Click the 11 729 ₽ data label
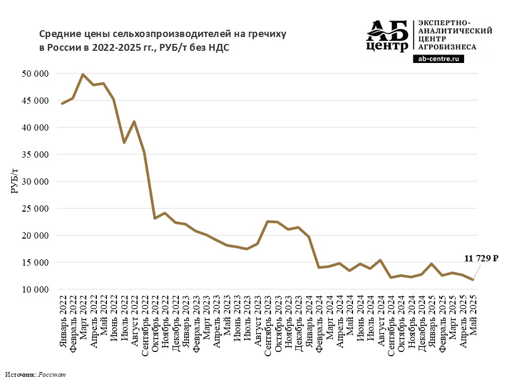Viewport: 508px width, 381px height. point(481,259)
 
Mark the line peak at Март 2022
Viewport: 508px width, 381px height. point(83,74)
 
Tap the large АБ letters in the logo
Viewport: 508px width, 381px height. point(388,31)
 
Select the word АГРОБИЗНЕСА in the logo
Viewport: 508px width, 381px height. point(447,47)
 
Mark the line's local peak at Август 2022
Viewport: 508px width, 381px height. point(134,122)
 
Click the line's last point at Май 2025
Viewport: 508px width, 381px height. point(473,280)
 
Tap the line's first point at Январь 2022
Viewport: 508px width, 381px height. point(62,103)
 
